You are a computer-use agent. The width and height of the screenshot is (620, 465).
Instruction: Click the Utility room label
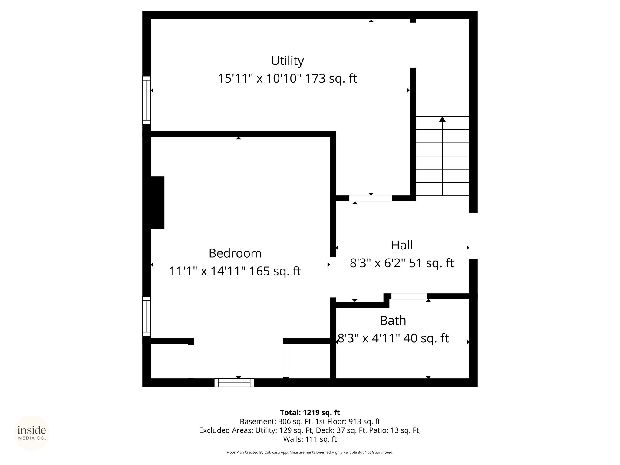(287, 61)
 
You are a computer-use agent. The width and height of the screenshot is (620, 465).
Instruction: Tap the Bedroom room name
(235, 253)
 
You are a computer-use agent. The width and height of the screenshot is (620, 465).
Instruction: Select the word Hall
(402, 245)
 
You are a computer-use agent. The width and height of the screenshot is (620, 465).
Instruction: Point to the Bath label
(393, 320)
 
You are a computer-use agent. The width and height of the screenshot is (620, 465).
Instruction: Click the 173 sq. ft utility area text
(331, 79)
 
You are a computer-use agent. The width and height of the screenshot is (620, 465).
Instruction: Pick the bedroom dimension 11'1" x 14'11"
(207, 271)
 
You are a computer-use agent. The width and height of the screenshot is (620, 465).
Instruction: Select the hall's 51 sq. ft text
(431, 263)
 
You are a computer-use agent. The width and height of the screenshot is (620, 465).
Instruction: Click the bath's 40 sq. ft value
(426, 338)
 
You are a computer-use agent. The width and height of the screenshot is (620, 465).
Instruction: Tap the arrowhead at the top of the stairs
(442, 119)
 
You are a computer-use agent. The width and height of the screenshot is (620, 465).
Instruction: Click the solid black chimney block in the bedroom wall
(157, 203)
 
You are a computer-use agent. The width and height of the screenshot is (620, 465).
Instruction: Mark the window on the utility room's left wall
(147, 100)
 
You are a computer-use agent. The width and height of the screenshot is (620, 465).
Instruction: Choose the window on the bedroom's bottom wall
(234, 383)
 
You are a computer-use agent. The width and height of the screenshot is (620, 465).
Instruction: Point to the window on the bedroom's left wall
(147, 316)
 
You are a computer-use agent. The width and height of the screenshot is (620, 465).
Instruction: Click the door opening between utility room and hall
(371, 198)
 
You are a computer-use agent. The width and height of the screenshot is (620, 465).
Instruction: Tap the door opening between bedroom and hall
(333, 277)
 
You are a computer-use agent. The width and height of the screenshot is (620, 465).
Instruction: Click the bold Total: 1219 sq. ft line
(310, 413)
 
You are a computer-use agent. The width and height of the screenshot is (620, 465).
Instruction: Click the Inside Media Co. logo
(32, 433)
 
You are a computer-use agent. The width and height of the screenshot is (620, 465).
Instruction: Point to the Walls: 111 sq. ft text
(310, 439)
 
